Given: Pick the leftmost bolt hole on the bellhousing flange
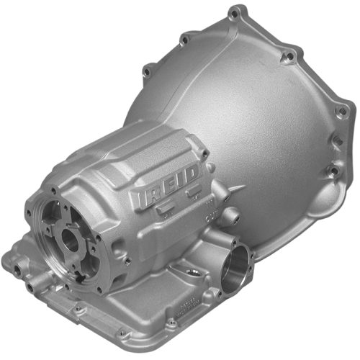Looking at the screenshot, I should pos(147,70).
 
